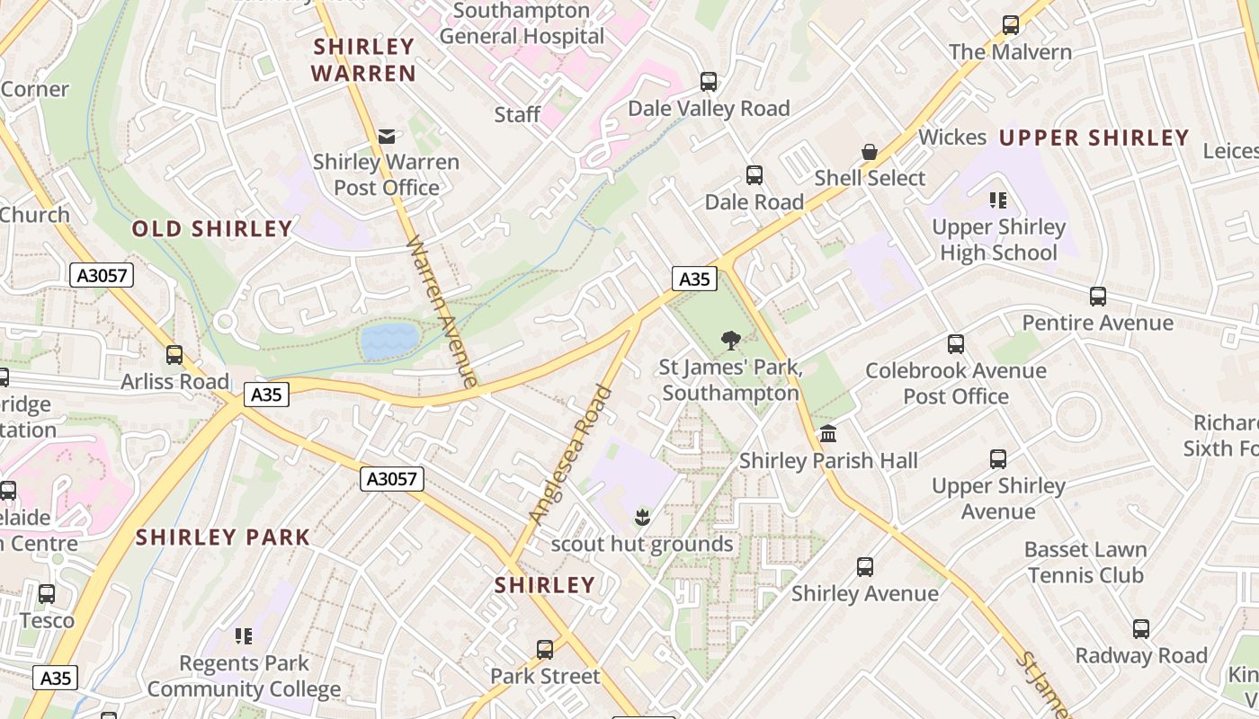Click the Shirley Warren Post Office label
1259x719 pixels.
[386, 175]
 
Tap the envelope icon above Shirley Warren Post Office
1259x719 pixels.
[387, 137]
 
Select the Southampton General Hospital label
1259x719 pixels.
[522, 24]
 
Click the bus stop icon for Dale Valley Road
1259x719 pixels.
[709, 82]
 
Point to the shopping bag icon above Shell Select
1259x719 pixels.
[870, 152]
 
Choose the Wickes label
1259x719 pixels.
[952, 138]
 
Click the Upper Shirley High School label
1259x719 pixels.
[998, 240]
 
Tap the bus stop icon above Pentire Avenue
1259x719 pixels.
[1097, 297]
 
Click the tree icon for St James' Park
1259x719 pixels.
[730, 341]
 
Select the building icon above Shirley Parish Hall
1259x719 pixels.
[828, 434]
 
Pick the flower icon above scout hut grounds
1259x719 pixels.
[642, 517]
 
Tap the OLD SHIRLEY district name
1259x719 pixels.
[212, 229]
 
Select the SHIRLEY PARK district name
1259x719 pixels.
[223, 538]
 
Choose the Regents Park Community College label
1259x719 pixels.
[244, 677]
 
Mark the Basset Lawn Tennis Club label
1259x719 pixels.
[1085, 563]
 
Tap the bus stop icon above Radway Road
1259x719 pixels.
[1140, 629]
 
